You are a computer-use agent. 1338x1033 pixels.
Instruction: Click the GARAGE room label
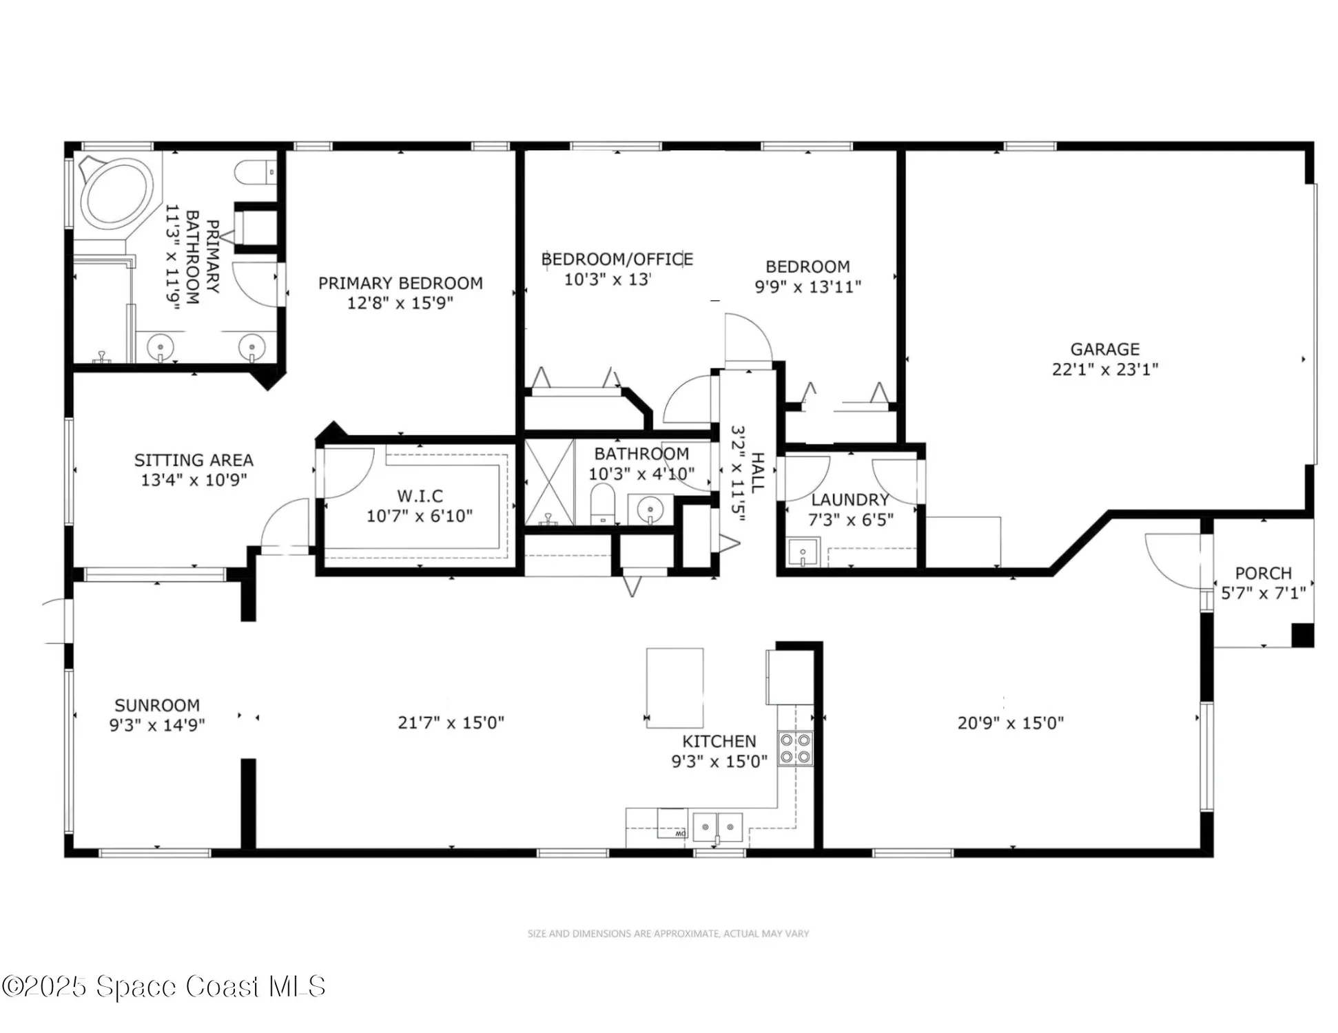(x=1104, y=349)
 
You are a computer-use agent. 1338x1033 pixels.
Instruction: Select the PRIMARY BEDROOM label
(x=400, y=283)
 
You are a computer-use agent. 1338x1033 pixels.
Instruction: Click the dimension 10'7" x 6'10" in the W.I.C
(x=419, y=516)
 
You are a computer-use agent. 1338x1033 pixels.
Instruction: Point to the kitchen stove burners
(x=795, y=748)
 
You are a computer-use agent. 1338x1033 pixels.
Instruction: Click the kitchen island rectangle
(x=675, y=687)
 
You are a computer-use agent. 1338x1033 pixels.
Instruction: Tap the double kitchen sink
(x=717, y=826)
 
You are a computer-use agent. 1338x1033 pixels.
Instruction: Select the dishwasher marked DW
(x=672, y=824)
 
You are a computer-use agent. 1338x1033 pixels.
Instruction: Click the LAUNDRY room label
(x=850, y=500)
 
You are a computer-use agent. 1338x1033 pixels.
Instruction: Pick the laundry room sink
(x=803, y=552)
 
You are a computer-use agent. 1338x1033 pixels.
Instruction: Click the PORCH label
(x=1263, y=573)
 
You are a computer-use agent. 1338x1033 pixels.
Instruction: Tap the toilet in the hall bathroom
(x=603, y=503)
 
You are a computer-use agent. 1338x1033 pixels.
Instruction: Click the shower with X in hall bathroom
(x=549, y=482)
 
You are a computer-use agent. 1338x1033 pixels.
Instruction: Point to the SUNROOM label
(x=157, y=705)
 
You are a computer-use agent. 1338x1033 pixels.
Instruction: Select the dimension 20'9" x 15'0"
(x=1010, y=723)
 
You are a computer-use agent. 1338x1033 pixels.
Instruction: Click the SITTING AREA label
(x=194, y=460)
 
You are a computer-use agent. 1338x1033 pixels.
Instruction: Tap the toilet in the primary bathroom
(x=255, y=172)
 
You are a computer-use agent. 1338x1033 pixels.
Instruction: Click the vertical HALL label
(x=757, y=472)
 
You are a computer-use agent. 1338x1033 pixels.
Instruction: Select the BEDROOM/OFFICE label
(x=617, y=260)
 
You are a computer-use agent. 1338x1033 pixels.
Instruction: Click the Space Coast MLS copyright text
(x=163, y=986)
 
